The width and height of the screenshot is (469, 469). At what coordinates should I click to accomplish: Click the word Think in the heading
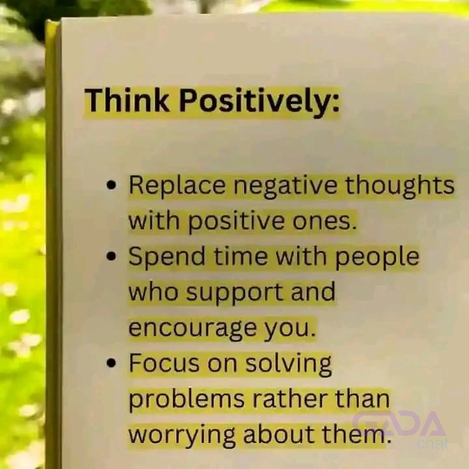(x=127, y=100)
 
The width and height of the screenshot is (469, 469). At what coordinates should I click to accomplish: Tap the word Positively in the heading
(x=259, y=102)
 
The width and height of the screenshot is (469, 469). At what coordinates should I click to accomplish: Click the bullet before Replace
(x=111, y=185)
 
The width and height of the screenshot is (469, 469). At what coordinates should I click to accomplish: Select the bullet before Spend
(x=111, y=256)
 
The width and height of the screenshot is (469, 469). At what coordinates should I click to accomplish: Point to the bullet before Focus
(x=111, y=363)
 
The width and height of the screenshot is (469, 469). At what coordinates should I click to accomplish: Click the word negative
(x=285, y=187)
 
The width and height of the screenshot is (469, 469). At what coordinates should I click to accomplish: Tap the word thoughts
(x=399, y=186)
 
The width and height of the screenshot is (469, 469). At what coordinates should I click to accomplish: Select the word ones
(x=324, y=222)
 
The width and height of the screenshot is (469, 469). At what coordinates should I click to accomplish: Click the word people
(x=377, y=257)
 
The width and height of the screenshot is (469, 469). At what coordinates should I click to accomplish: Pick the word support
(x=234, y=293)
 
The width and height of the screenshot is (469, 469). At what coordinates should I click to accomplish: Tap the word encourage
(x=192, y=329)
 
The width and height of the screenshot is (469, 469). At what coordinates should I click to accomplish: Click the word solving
(x=289, y=364)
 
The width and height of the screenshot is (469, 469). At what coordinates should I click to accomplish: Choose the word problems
(x=187, y=400)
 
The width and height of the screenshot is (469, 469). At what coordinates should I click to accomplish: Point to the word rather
(x=290, y=399)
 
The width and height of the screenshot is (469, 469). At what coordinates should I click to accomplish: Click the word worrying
(x=182, y=436)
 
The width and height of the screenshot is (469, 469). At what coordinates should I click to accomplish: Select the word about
(x=279, y=434)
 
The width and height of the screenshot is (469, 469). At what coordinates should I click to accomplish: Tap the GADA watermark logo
(x=399, y=423)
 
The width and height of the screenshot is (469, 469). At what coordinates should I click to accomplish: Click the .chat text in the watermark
(x=431, y=443)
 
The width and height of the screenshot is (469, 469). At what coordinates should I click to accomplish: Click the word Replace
(x=177, y=186)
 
